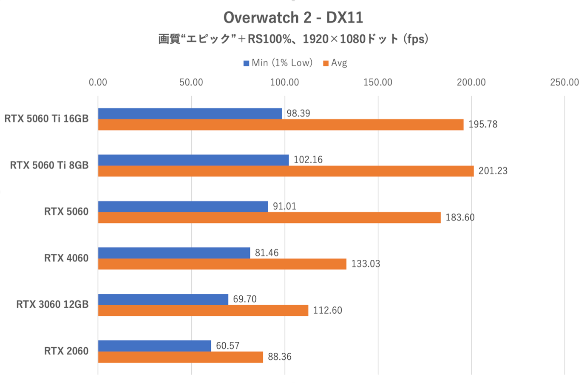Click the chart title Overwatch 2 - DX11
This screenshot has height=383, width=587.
click(x=293, y=17)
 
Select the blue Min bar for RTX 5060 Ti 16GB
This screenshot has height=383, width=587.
click(x=190, y=113)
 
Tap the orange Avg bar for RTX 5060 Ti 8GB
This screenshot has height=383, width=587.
click(x=286, y=171)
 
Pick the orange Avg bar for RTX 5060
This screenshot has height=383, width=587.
click(x=269, y=217)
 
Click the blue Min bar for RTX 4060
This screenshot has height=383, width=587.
click(x=174, y=253)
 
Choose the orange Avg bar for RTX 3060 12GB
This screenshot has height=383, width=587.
click(x=203, y=310)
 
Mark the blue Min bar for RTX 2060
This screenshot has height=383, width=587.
click(x=154, y=346)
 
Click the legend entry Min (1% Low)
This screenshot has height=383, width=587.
click(x=278, y=63)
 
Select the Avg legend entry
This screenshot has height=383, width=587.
click(x=335, y=63)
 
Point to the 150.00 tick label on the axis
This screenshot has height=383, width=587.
click(x=377, y=82)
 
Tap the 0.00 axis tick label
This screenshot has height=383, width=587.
click(x=98, y=82)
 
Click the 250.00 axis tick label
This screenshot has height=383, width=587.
click(x=564, y=82)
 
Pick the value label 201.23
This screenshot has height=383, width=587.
click(x=493, y=171)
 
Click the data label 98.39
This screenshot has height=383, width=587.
click(x=298, y=113)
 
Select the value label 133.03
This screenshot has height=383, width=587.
click(x=366, y=264)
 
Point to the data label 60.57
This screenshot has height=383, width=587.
click(x=227, y=346)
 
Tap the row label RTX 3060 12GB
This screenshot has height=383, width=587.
click(x=52, y=304)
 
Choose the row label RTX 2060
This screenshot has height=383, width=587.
click(x=66, y=351)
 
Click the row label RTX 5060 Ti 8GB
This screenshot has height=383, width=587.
click(x=49, y=165)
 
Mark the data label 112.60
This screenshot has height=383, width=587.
click(x=327, y=310)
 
